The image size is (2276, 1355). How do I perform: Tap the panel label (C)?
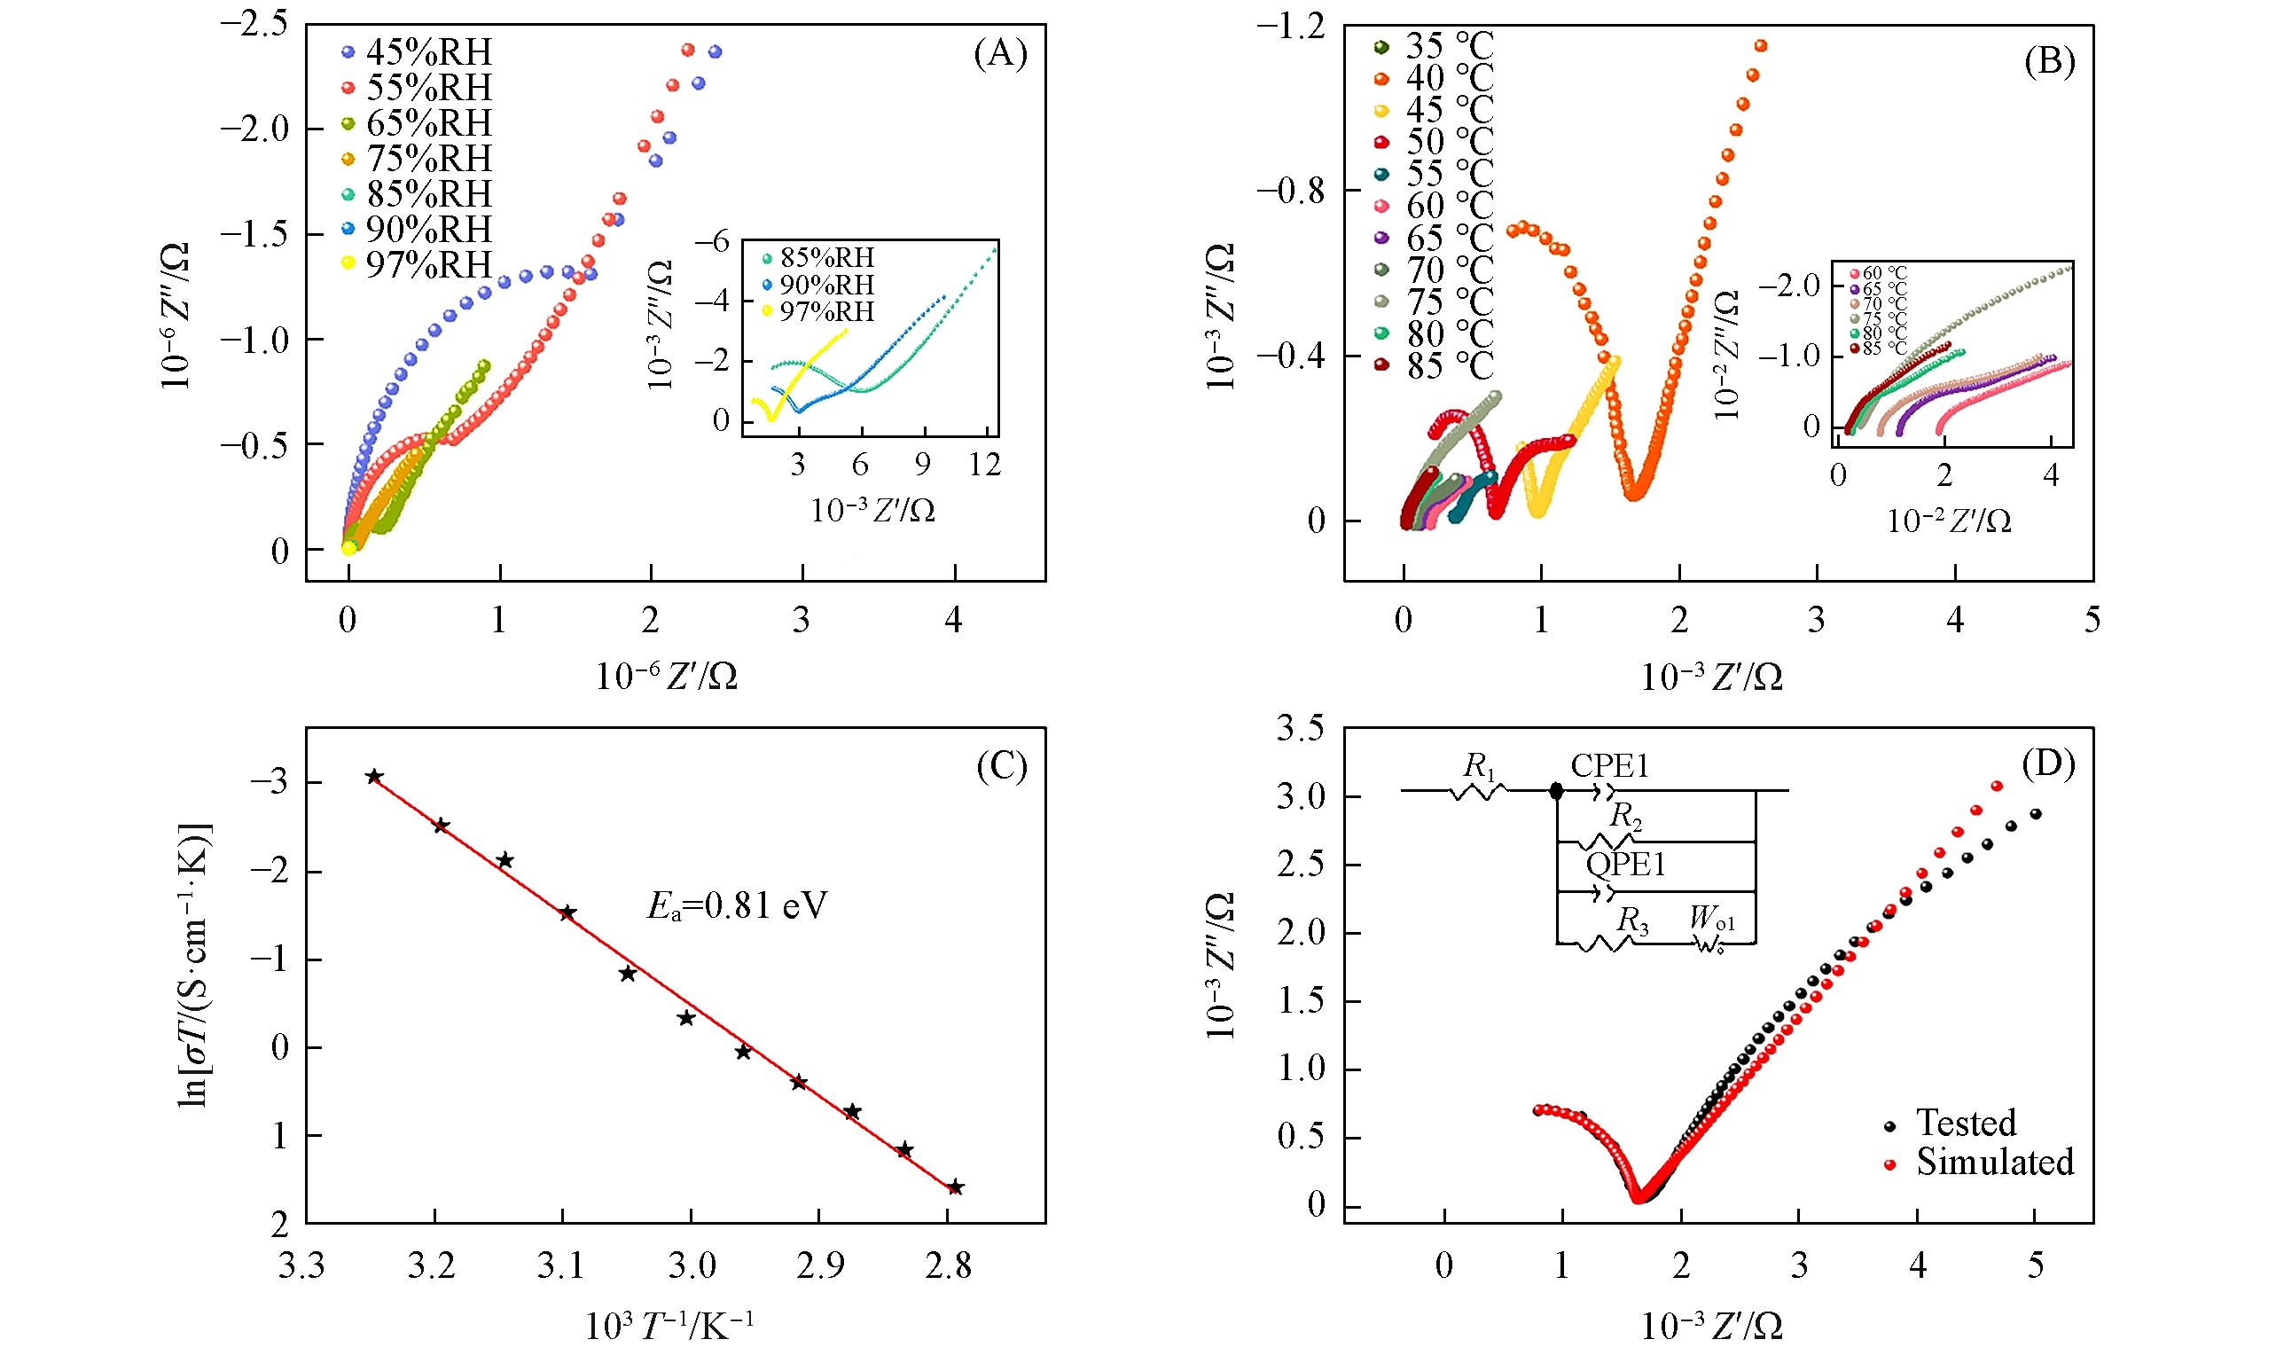click(x=1001, y=768)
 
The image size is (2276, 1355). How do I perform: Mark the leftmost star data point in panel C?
click(x=373, y=777)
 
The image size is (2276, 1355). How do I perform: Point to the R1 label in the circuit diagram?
click(x=1479, y=766)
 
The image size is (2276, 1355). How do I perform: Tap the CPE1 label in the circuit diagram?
click(x=1609, y=766)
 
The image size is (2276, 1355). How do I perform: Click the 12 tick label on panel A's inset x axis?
click(x=985, y=465)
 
